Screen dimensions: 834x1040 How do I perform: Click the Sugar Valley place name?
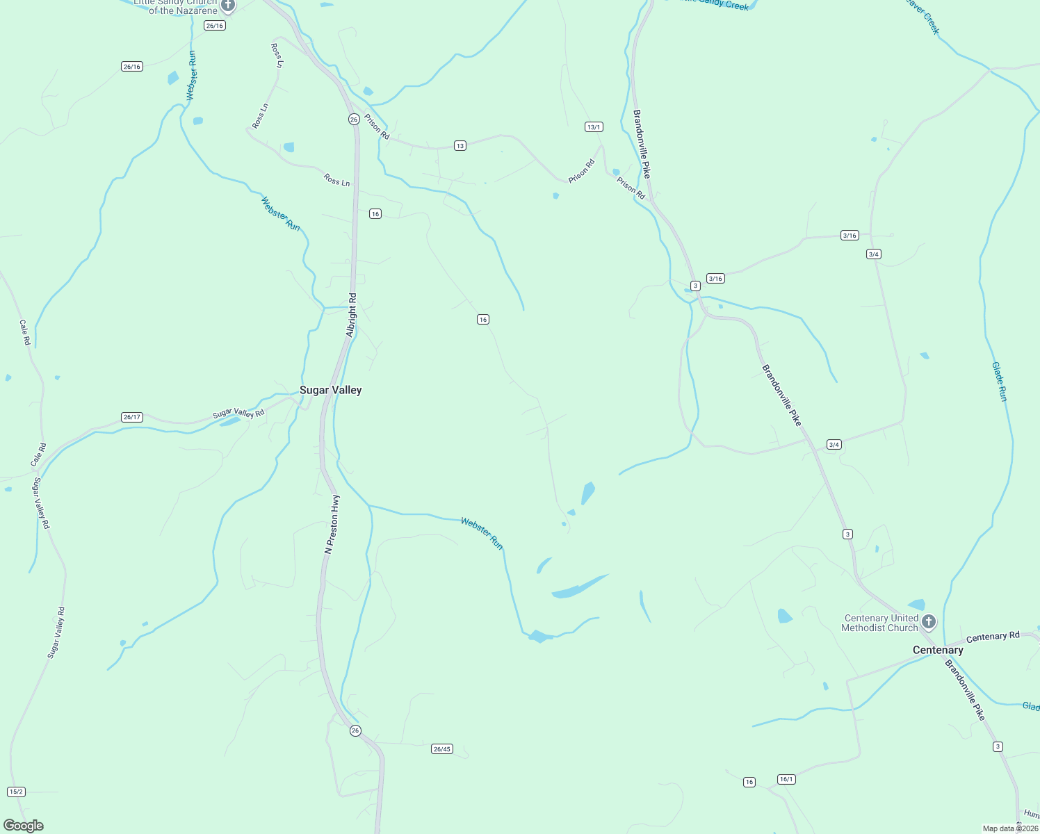(x=330, y=391)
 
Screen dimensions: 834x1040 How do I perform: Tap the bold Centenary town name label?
(x=938, y=651)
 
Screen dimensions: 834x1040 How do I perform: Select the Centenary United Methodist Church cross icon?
(x=929, y=622)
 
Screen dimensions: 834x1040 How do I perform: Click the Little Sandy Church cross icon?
(x=228, y=6)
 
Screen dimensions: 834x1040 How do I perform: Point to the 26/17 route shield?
(x=131, y=418)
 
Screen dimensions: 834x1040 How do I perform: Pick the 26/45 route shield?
(x=441, y=749)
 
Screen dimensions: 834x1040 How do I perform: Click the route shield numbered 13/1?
(x=594, y=127)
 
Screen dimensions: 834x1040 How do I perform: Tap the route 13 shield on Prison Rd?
(x=460, y=146)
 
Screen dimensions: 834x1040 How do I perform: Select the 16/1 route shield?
(x=786, y=780)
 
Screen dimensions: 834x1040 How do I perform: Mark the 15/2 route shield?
(x=16, y=792)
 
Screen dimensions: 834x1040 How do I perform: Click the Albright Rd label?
(x=352, y=316)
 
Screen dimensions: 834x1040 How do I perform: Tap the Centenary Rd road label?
(x=993, y=637)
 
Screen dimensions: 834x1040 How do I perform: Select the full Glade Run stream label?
(x=999, y=382)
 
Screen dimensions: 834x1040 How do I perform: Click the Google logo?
(x=23, y=826)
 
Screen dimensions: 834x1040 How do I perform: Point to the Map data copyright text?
(x=1010, y=828)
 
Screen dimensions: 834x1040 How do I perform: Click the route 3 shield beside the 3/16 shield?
(x=695, y=286)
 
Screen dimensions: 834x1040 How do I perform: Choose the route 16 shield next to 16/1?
(x=749, y=783)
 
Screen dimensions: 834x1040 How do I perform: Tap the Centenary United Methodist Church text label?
(x=880, y=623)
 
